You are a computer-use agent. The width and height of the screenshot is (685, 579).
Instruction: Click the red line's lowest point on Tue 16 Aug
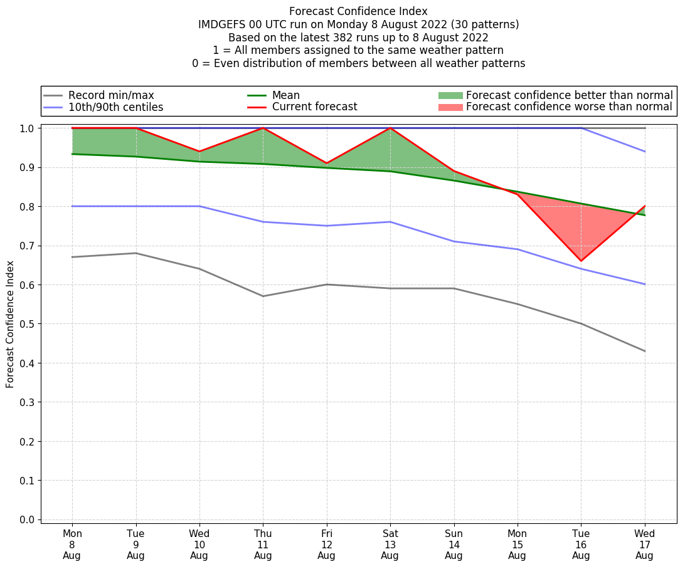581,261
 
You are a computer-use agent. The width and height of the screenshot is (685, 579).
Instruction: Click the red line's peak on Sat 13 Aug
390,128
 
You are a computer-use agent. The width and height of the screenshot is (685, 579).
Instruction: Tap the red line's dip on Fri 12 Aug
326,163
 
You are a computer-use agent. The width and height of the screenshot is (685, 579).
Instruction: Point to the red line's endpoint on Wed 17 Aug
645,206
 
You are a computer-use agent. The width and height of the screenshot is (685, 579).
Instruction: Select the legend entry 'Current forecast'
314,107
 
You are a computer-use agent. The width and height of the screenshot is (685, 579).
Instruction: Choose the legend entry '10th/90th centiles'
115,107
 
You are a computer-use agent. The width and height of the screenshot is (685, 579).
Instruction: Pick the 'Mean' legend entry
285,95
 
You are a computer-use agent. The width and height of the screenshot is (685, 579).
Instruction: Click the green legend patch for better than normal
450,95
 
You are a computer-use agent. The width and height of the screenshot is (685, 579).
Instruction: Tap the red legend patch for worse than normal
450,107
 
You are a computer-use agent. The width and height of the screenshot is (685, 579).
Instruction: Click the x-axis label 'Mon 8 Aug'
72,544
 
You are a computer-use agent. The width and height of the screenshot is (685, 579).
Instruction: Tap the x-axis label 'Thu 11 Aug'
263,544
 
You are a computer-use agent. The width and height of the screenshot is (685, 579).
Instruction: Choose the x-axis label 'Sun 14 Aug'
454,544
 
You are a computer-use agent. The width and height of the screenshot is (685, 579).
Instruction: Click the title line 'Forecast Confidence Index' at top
358,11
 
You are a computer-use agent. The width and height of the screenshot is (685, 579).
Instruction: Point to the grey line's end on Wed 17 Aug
645,351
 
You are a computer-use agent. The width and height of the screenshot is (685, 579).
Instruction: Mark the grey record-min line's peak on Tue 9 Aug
135,253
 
